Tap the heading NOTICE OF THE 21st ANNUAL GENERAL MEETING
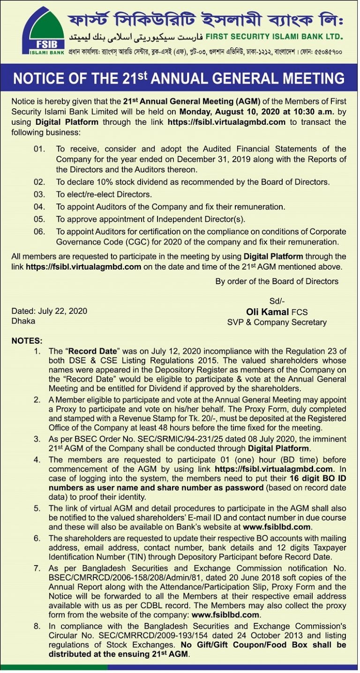tap(179, 78)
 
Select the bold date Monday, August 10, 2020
tap(234, 112)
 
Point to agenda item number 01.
tap(39, 149)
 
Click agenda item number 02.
tap(39, 182)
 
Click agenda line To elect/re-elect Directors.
tap(104, 194)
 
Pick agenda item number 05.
tap(39, 219)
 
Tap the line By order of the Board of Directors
tap(277, 281)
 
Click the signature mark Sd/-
tap(277, 301)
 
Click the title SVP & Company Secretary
tap(277, 322)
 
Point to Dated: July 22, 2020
tap(49, 311)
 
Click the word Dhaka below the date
tap(23, 321)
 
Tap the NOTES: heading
tap(27, 340)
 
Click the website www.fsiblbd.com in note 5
tap(277, 527)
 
